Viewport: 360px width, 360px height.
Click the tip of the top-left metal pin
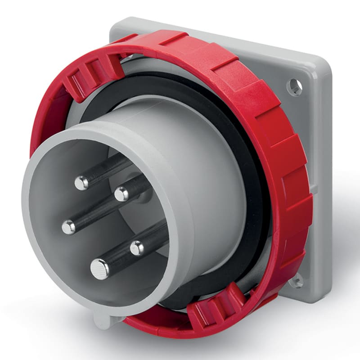coord(81,182)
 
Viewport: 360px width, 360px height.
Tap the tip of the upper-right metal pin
coord(121,194)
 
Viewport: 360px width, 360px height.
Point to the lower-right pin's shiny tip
coord(137,247)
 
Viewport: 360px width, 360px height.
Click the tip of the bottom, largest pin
coord(99,269)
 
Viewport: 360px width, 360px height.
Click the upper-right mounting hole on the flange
coord(295,87)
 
